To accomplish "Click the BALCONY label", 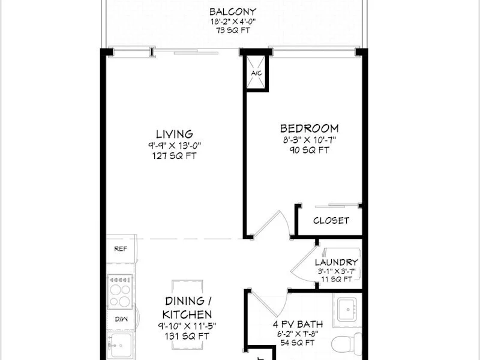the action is pyautogui.click(x=233, y=12).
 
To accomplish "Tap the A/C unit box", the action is pyautogui.click(x=256, y=73).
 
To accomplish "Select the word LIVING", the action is pyautogui.click(x=175, y=134).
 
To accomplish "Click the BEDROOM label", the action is pyautogui.click(x=310, y=128).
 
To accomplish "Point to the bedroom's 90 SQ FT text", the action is pyautogui.click(x=310, y=150).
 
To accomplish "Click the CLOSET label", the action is pyautogui.click(x=331, y=220).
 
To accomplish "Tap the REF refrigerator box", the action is pyautogui.click(x=121, y=248).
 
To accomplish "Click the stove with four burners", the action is pyautogui.click(x=121, y=291).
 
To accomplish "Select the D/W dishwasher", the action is pyautogui.click(x=122, y=319).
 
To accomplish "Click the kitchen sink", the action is pyautogui.click(x=121, y=346).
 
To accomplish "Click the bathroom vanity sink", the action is pyautogui.click(x=347, y=310).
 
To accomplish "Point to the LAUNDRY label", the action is pyautogui.click(x=337, y=262).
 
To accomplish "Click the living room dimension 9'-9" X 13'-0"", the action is pyautogui.click(x=175, y=145).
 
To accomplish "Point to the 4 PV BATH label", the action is pyautogui.click(x=298, y=324).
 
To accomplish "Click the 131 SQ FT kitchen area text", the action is pyautogui.click(x=187, y=336).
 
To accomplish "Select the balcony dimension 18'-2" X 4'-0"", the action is pyautogui.click(x=233, y=22).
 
